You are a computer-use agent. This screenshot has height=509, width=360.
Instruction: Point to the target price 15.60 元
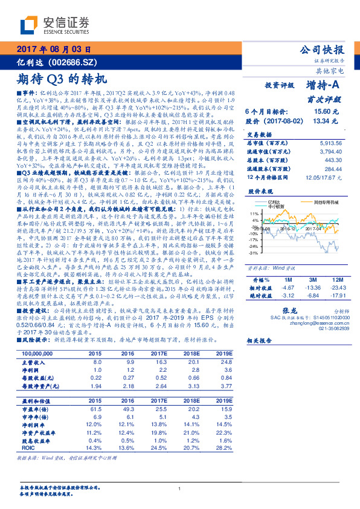[326, 112]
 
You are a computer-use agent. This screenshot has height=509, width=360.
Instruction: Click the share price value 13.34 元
[326, 121]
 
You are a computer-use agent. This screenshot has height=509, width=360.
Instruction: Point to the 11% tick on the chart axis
[254, 214]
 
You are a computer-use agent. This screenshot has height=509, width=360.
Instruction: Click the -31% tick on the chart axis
[254, 253]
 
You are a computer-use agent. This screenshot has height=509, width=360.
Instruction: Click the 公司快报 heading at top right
[323, 50]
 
